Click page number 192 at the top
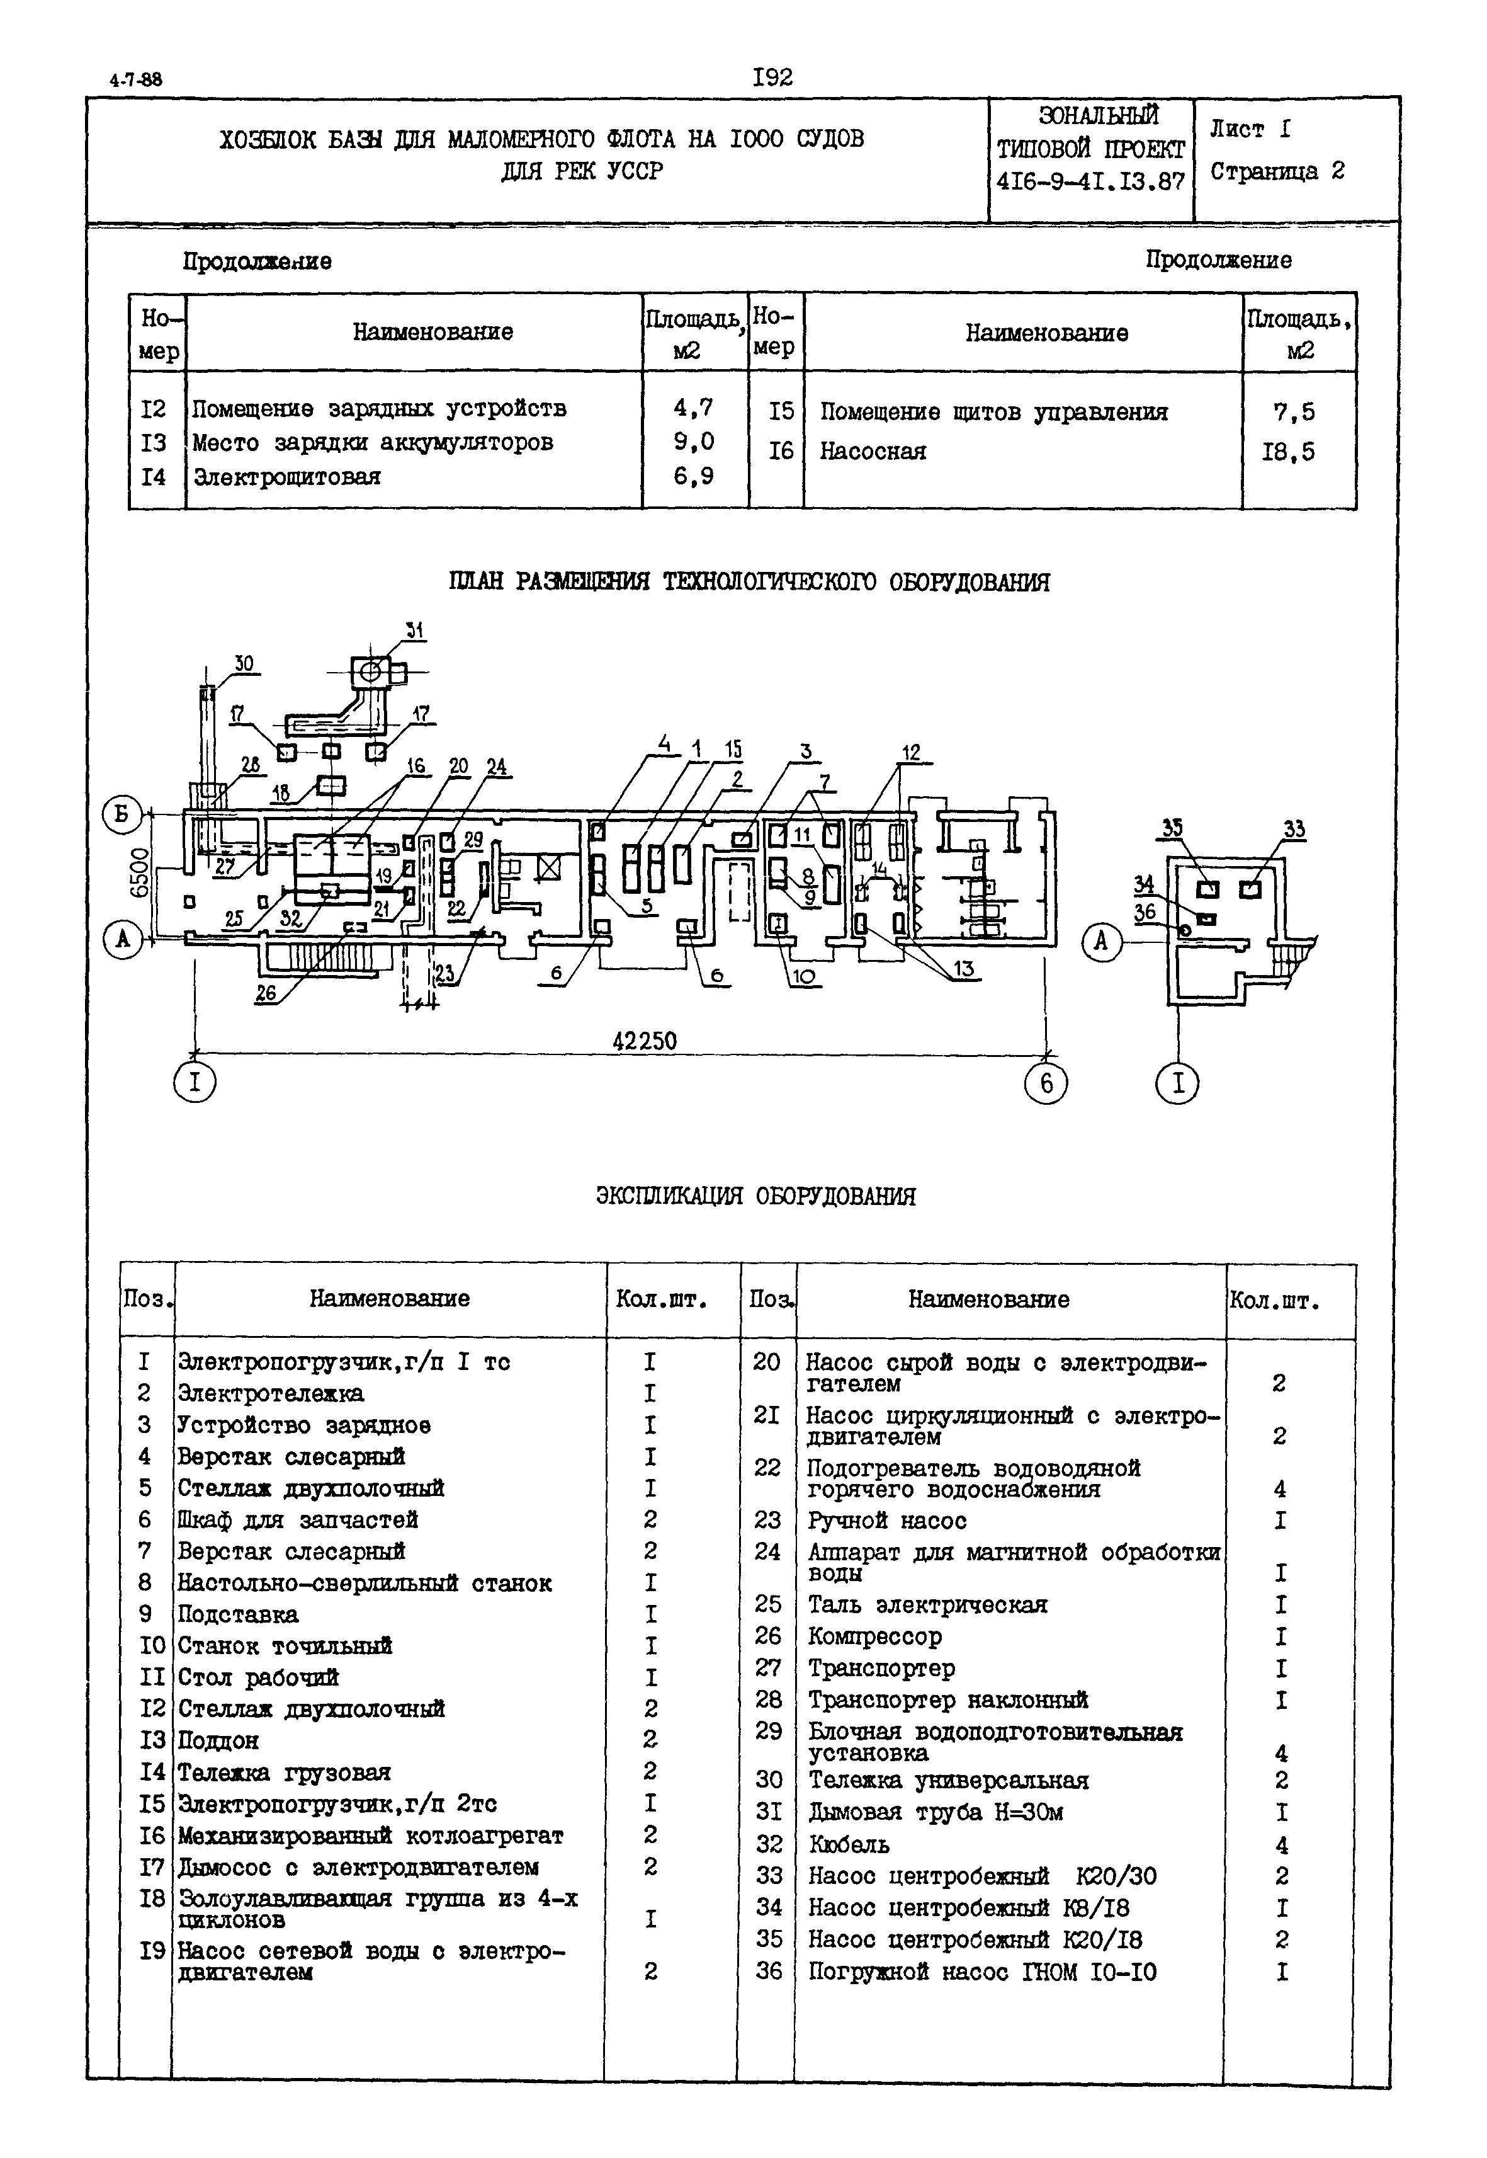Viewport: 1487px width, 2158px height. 772,77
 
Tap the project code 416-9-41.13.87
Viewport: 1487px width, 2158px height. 1090,182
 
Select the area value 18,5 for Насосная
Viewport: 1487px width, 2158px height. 1289,452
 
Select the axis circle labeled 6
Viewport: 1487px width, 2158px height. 1046,1083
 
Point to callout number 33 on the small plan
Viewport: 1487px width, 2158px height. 1294,829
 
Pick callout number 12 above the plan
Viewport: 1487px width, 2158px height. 910,751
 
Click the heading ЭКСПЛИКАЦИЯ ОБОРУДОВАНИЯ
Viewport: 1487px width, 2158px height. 755,1196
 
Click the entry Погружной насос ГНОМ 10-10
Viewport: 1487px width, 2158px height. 982,1972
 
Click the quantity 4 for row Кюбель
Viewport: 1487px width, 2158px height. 1282,1845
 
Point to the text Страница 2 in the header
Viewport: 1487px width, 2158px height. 1277,171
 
